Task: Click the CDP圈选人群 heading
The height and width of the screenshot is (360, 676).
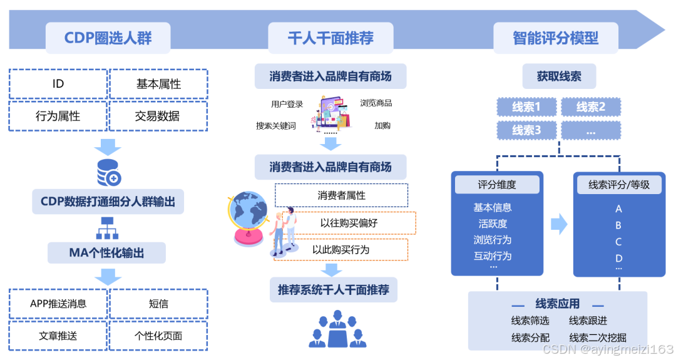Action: (x=108, y=38)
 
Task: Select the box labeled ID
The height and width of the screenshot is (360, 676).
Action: (x=58, y=84)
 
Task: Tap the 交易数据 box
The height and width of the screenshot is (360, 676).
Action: (x=157, y=116)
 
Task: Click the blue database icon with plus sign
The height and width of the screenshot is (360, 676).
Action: (x=109, y=173)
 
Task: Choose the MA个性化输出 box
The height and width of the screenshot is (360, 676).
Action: (x=106, y=253)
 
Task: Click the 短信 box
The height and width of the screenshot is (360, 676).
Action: (x=158, y=304)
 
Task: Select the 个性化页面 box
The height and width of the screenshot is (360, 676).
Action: (x=158, y=336)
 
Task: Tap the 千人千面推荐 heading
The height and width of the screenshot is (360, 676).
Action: (x=330, y=38)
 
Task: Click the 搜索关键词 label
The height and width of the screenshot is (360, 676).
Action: (x=275, y=125)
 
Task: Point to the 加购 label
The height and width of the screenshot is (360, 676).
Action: (x=382, y=125)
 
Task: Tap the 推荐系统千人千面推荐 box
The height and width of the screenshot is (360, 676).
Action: (x=333, y=290)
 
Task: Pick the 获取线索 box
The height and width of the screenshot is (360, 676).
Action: (x=559, y=76)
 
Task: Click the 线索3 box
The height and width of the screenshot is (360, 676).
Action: (x=526, y=130)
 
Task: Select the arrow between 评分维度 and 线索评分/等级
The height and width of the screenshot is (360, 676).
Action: (x=558, y=224)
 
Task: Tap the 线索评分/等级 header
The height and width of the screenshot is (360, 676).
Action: (x=618, y=185)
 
